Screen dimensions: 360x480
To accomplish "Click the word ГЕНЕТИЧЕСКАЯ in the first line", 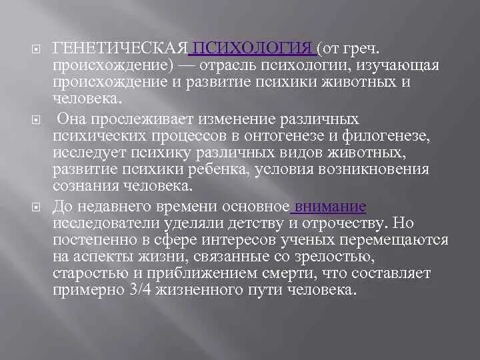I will [121, 49].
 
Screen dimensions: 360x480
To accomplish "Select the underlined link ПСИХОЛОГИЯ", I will [252, 49].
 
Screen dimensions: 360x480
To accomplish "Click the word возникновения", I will [374, 169].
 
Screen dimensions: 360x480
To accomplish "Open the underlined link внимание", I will [329, 206].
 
